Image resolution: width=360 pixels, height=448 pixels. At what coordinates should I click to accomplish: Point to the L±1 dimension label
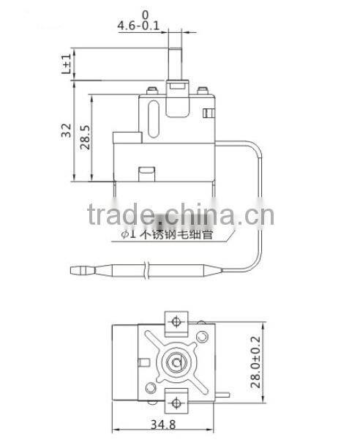(67, 64)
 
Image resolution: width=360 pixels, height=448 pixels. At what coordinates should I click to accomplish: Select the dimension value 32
(65, 132)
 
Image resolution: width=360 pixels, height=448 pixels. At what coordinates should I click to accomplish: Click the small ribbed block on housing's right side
(209, 113)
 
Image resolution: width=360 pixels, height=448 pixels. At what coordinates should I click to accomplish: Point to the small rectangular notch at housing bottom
(147, 173)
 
